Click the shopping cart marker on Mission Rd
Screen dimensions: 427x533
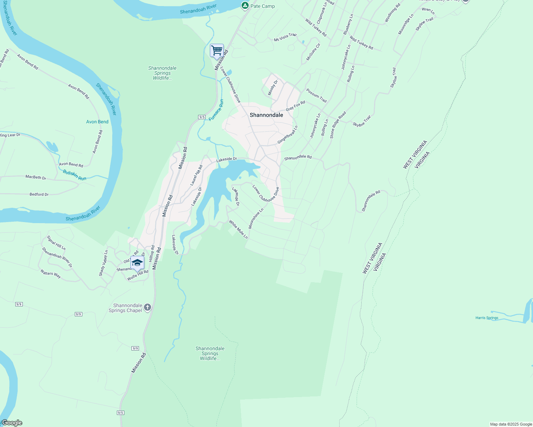point(217,51)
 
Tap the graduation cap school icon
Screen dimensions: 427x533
point(137,263)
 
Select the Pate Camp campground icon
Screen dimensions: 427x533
point(245,6)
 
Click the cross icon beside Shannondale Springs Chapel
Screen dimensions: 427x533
point(148,307)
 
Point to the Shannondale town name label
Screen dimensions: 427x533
point(266,115)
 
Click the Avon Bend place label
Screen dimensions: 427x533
point(97,122)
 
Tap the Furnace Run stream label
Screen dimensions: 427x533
point(216,110)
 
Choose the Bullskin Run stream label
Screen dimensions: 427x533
point(74,175)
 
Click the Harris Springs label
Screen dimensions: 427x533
point(487,318)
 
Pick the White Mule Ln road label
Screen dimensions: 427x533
point(238,230)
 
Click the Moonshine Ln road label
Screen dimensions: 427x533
point(256,218)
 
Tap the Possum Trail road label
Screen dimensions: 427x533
point(316,95)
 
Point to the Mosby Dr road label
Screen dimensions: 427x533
point(273,88)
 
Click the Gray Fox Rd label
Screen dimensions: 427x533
point(295,106)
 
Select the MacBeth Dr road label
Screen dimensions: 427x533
point(36,177)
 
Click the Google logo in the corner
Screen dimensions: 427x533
point(12,423)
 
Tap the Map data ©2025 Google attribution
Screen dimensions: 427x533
point(511,424)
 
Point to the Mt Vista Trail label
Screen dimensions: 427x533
point(285,37)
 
